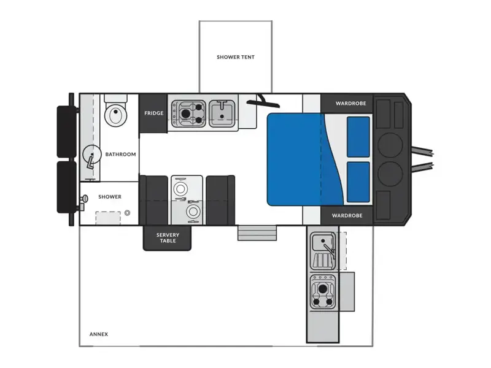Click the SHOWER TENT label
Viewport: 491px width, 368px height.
(236, 57)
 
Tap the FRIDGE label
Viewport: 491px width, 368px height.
(154, 113)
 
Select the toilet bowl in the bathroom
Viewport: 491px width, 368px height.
(115, 114)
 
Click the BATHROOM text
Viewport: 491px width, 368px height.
(120, 155)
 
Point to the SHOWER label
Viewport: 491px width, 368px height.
(110, 197)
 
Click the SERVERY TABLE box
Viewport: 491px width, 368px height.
(167, 238)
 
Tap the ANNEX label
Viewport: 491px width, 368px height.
(99, 334)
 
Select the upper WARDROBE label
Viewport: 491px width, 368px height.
(350, 103)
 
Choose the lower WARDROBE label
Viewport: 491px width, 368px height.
(347, 216)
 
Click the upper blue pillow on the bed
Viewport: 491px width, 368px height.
(358, 137)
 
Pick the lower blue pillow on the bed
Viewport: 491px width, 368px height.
(358, 182)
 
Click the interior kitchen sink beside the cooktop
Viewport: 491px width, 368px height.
(222, 113)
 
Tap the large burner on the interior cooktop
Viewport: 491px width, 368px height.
(186, 113)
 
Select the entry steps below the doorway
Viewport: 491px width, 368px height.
(257, 233)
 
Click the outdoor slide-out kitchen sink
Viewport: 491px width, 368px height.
(323, 242)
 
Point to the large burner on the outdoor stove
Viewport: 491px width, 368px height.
(323, 289)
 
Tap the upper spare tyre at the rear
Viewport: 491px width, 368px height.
(66, 132)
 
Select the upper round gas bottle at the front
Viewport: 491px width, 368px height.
(390, 145)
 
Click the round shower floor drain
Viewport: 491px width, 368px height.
(127, 213)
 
